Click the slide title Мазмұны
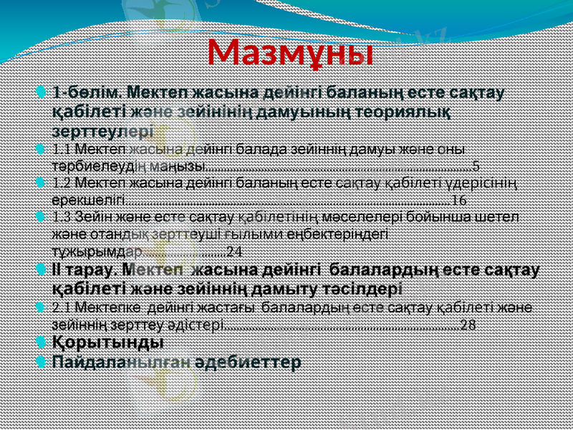coord(290,52)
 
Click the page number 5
coord(476,166)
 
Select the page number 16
coord(459,199)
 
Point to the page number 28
coord(468,324)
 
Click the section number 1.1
coord(62,150)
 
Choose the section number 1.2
coord(62,183)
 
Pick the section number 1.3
coord(62,216)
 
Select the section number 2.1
coord(62,308)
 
